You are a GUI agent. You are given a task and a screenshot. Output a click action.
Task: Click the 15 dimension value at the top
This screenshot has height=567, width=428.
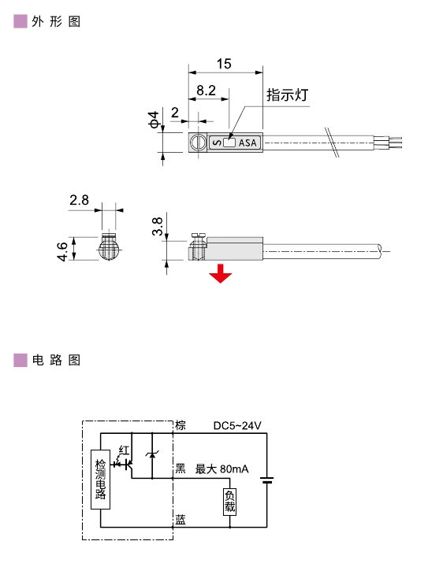click(224, 65)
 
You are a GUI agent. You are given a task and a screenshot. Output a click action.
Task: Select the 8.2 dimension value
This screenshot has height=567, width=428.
click(206, 91)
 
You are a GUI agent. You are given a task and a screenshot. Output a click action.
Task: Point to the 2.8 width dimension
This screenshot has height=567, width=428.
click(79, 200)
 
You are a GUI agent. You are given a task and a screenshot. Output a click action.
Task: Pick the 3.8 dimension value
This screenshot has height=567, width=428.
click(158, 227)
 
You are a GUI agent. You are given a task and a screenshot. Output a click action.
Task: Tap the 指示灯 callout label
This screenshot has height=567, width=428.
click(287, 95)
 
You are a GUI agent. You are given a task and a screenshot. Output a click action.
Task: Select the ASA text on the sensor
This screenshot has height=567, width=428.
click(247, 143)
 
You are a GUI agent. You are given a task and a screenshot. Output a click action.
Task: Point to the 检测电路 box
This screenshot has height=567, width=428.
click(100, 480)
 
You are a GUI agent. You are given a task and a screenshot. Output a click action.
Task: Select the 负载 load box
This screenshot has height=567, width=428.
click(229, 501)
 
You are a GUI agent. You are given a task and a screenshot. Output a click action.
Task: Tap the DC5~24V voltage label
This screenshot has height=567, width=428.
click(237, 426)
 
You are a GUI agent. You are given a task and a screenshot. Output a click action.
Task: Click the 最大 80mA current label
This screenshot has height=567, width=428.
click(221, 469)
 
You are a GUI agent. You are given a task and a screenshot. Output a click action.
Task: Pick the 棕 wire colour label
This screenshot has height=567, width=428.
click(181, 425)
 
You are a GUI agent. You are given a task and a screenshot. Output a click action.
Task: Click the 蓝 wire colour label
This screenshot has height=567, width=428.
click(181, 521)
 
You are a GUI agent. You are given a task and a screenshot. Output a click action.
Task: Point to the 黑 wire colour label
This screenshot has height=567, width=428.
click(181, 469)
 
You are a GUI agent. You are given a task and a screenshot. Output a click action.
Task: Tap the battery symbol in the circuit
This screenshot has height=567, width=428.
click(269, 480)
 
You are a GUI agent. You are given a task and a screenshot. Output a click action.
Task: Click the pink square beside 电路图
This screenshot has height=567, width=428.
click(21, 361)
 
